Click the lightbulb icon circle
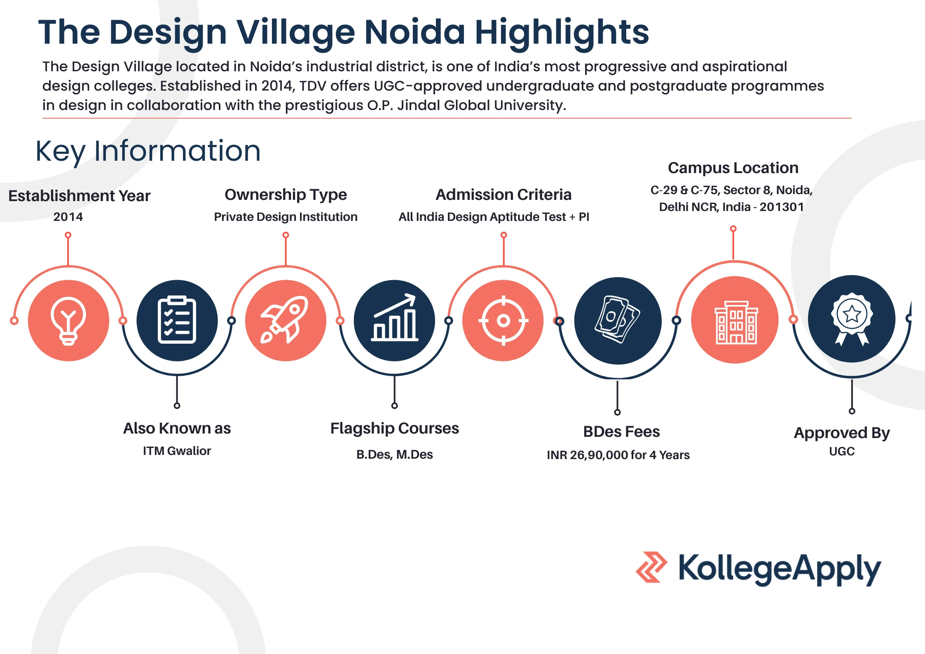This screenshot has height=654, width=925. (68, 320)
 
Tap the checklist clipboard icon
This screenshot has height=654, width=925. (177, 320)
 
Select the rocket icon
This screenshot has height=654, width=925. (286, 320)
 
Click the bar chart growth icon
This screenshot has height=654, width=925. (394, 320)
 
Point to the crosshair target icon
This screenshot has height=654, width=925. (503, 320)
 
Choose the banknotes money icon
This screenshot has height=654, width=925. (618, 320)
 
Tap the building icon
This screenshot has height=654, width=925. (735, 320)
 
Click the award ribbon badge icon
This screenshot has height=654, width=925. (852, 319)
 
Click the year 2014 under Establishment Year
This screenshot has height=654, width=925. (68, 217)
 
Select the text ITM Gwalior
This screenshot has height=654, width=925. (177, 451)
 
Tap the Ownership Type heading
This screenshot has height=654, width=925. (286, 195)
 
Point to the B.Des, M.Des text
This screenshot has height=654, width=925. (394, 454)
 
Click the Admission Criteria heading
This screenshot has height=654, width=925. (503, 195)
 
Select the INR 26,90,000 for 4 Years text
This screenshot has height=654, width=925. (618, 455)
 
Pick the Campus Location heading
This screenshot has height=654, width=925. (733, 168)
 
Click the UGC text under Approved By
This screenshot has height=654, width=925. (842, 451)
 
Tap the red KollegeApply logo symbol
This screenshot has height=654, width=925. (651, 567)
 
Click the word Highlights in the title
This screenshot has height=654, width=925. (562, 33)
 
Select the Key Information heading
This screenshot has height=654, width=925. (148, 151)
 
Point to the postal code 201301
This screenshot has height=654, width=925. (781, 207)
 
